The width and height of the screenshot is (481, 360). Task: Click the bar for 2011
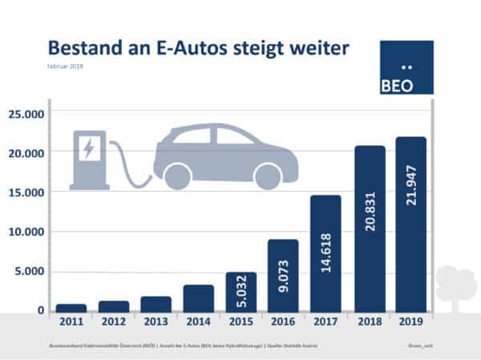pos(71,308)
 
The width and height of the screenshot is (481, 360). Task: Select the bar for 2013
pos(156,304)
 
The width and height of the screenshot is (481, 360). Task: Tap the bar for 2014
pos(198,298)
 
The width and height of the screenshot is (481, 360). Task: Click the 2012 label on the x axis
pos(113,322)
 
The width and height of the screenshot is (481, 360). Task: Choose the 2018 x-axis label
pos(369,322)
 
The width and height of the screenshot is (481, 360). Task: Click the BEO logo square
pos(406,67)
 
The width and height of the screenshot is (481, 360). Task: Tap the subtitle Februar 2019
pos(67,67)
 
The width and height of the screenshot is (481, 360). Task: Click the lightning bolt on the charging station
pos(88,148)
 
